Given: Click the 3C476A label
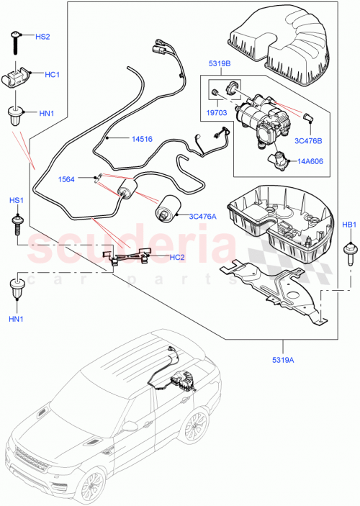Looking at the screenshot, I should pyautogui.click(x=204, y=214).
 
